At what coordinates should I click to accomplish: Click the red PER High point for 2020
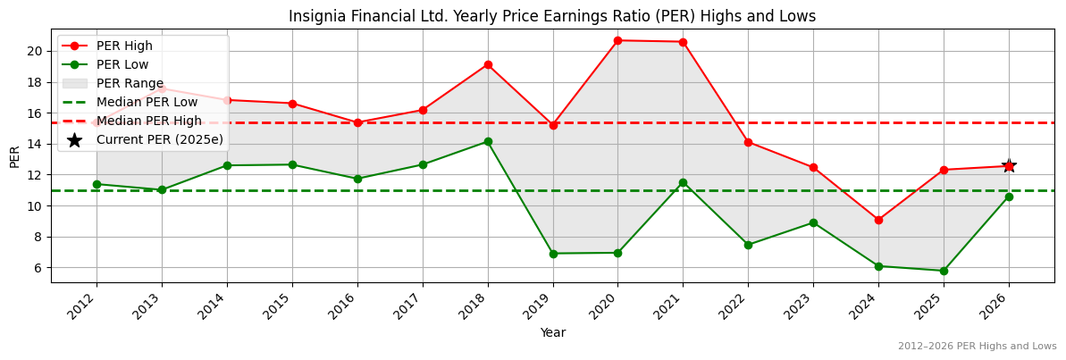[x=617, y=40]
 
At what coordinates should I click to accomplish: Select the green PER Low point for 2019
[x=552, y=254]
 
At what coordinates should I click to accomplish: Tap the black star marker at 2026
[x=1009, y=165]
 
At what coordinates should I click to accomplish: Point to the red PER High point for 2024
[x=878, y=220]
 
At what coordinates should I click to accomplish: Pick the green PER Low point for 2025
[x=944, y=271]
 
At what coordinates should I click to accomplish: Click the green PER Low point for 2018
[x=487, y=141]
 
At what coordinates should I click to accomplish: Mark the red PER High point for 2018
[x=487, y=64]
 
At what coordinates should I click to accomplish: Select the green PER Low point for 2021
[x=683, y=182]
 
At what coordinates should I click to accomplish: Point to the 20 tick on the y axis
[x=36, y=51]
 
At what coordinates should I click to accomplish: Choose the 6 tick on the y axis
[x=39, y=268]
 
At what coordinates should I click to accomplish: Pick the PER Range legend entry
[x=130, y=83]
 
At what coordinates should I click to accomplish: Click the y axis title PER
[x=14, y=155]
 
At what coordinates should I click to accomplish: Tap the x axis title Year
[x=552, y=332]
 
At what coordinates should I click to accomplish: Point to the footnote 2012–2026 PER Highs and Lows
[x=977, y=346]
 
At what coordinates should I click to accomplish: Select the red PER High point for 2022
[x=748, y=142]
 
